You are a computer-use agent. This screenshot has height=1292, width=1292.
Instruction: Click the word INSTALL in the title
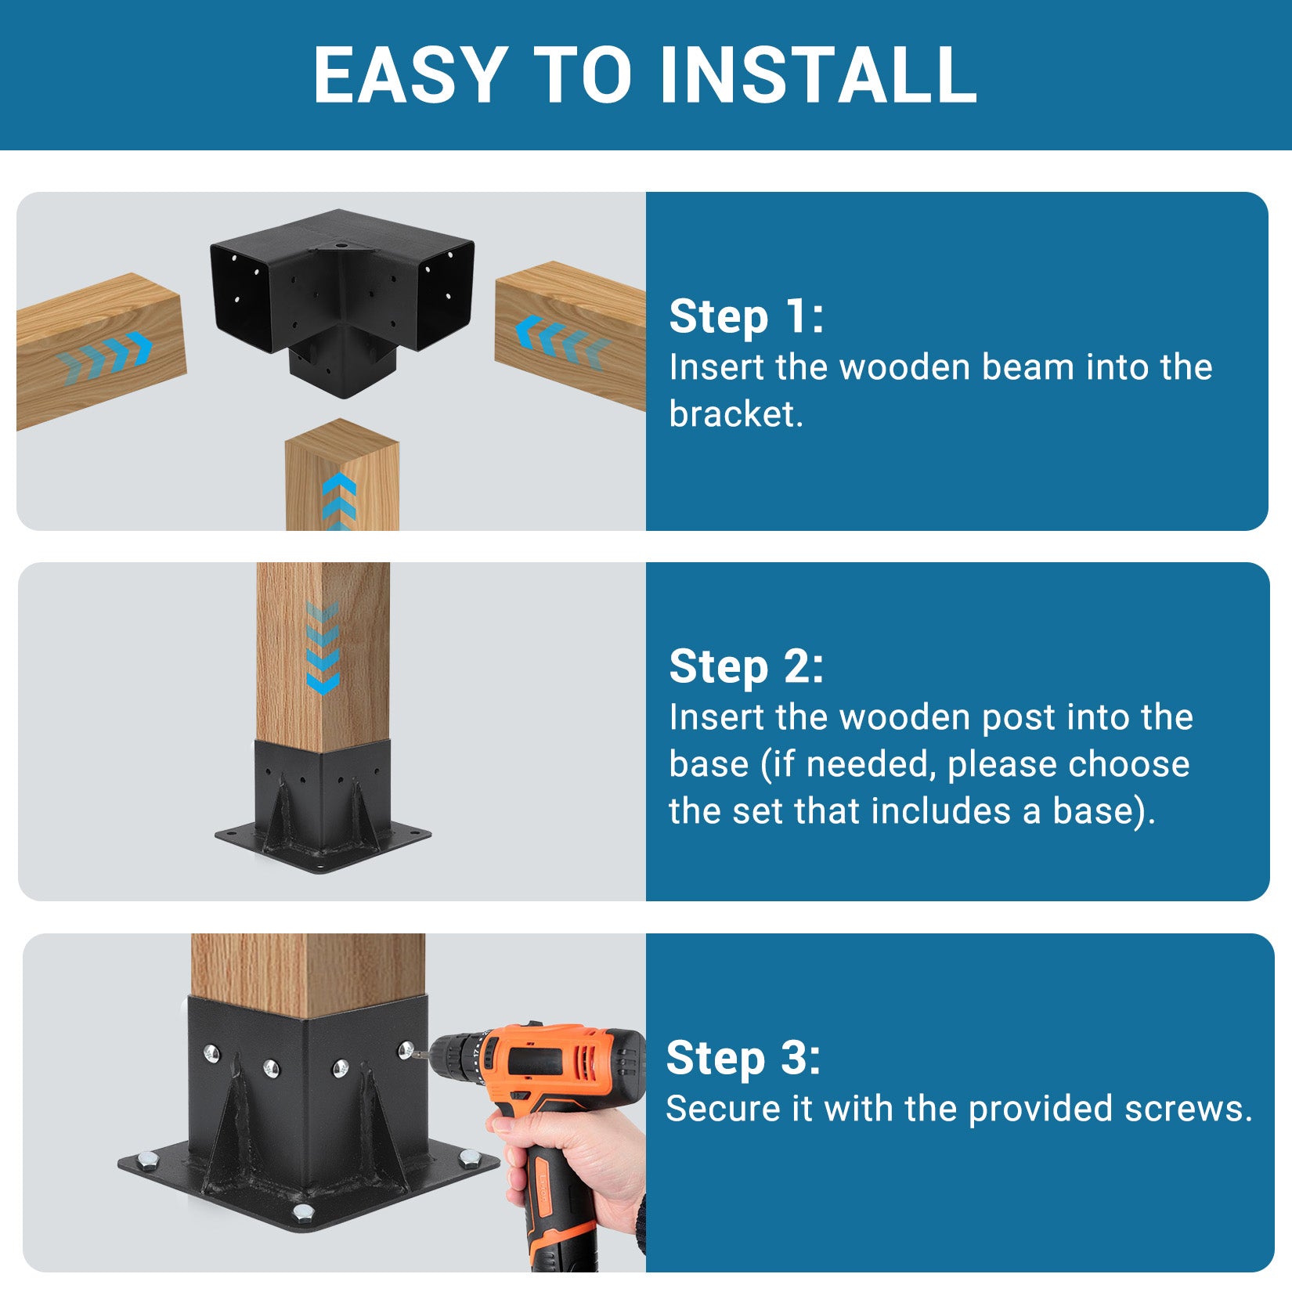click(817, 75)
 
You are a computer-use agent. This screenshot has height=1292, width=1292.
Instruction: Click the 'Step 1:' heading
click(745, 316)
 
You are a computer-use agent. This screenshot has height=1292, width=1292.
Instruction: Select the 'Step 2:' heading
click(745, 666)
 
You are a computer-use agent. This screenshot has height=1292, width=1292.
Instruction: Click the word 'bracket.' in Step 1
click(735, 414)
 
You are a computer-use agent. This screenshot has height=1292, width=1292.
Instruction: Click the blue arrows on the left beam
click(106, 356)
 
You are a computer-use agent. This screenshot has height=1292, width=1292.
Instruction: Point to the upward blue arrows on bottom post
click(339, 501)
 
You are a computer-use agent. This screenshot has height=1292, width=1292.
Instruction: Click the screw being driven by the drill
click(406, 1050)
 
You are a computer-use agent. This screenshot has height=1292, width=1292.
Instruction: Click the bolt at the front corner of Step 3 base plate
click(303, 1214)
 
